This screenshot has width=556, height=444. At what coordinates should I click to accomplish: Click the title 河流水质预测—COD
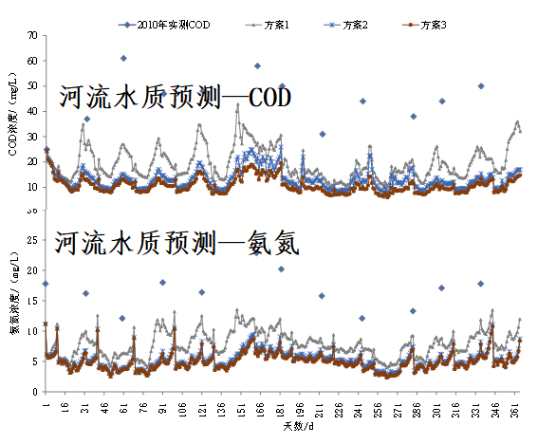point(174,98)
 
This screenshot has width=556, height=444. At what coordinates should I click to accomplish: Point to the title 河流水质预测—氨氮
point(177,245)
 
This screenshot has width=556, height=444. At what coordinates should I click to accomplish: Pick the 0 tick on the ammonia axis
point(34,391)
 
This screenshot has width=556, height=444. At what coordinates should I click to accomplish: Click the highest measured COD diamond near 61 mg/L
point(123,58)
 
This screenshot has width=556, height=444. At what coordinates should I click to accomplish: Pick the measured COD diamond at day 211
point(322,135)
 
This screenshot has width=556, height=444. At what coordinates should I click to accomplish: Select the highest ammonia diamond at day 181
point(281,269)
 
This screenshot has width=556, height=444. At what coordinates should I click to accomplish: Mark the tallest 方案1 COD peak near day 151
point(238,104)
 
